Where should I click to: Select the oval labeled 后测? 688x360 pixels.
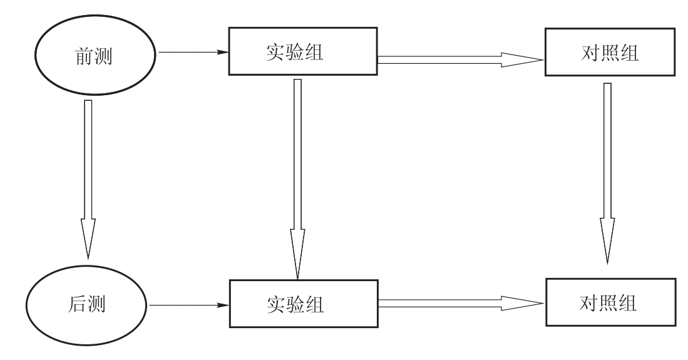tap(87, 306)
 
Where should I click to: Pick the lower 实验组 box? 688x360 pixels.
tap(303, 304)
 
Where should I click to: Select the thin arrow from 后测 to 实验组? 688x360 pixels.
tap(188, 306)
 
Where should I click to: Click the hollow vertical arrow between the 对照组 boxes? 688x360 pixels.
tap(607, 175)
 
